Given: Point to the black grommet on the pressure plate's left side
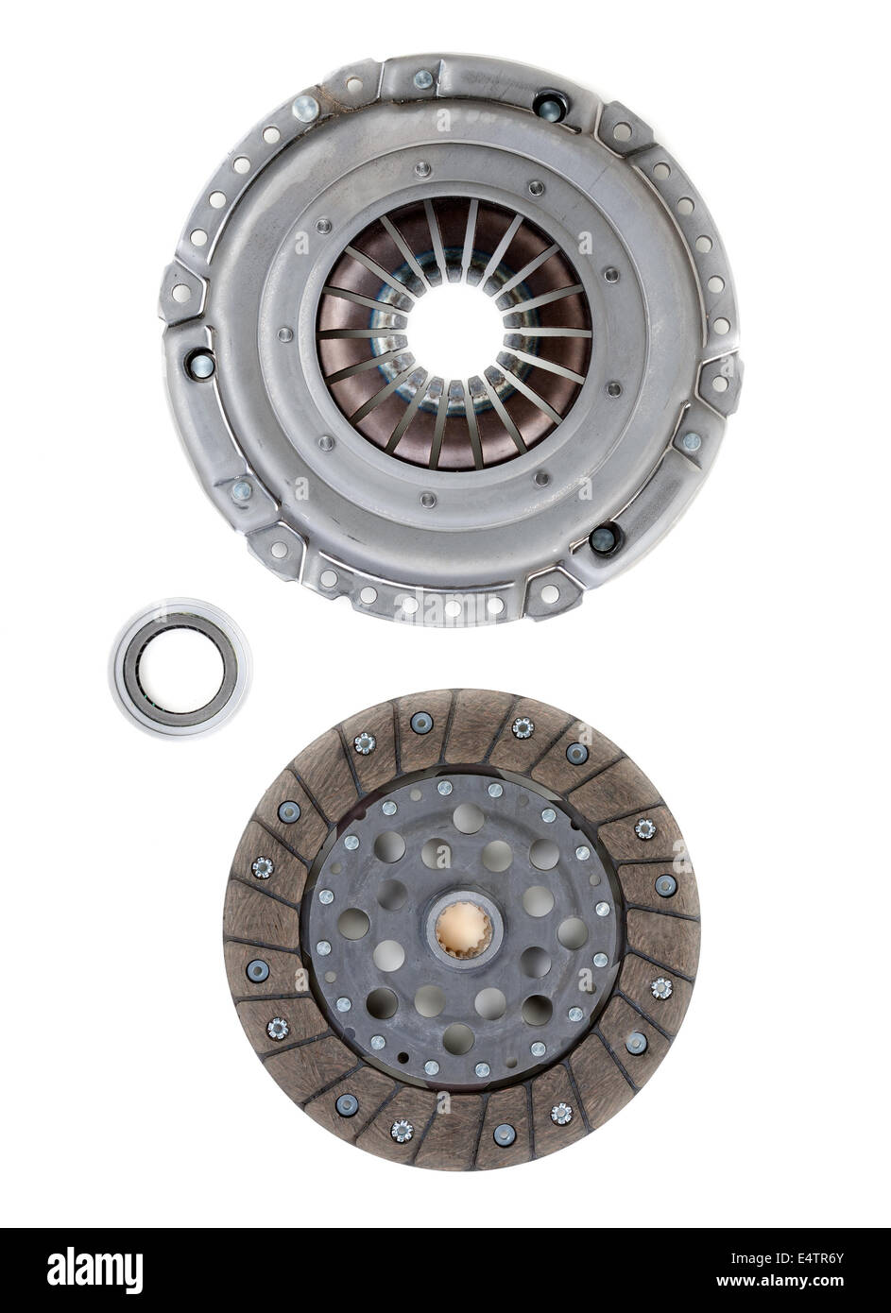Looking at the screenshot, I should coord(200,361).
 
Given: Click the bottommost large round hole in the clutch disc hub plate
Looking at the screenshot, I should coord(457,1037).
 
